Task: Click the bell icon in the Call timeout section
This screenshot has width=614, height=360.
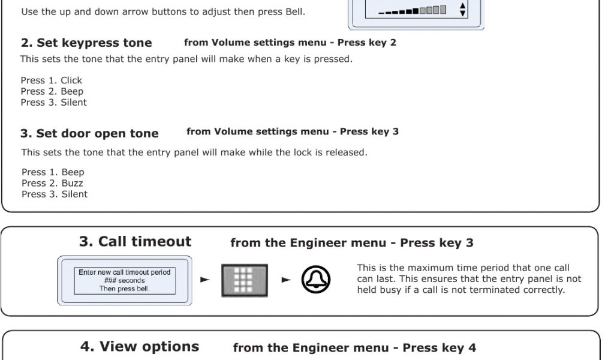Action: tap(315, 280)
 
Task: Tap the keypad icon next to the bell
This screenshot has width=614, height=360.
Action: tap(245, 280)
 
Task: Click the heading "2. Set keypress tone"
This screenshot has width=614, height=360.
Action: tap(86, 43)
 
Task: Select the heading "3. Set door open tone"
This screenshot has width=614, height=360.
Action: tap(89, 134)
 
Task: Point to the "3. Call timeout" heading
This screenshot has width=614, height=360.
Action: tap(135, 241)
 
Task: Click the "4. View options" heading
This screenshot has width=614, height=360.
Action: tap(139, 347)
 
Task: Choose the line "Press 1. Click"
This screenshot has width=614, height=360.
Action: tap(52, 80)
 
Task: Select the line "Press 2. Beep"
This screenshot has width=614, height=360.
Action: tap(52, 91)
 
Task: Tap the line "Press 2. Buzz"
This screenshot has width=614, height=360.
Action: tap(52, 183)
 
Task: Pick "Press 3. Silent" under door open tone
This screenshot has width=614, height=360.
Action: tap(55, 194)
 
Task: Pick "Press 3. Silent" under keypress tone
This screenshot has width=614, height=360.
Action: tap(53, 102)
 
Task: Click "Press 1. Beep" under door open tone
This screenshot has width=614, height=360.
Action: tap(53, 172)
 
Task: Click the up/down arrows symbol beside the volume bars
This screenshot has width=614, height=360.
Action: tap(462, 10)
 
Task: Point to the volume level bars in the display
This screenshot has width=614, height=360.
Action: tap(413, 10)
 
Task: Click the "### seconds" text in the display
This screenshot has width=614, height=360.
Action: tap(125, 280)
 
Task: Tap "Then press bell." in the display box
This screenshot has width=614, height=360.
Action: tap(125, 289)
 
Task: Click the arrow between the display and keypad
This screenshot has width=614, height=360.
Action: tap(205, 280)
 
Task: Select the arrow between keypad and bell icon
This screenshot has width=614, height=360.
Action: tap(286, 280)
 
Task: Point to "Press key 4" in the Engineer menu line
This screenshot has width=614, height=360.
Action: tap(440, 348)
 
